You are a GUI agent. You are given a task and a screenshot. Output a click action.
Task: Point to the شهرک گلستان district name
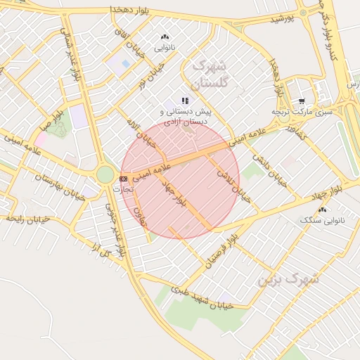point(210,74)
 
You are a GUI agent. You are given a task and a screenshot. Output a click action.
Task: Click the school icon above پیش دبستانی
point(185,101)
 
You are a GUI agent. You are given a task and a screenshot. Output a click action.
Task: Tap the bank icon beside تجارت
point(124,179)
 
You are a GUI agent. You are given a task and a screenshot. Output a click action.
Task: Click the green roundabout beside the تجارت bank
point(105,174)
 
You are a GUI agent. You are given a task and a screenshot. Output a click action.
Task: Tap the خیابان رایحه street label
point(28,219)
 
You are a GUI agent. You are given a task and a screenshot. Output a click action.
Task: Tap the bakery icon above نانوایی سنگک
point(322,210)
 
